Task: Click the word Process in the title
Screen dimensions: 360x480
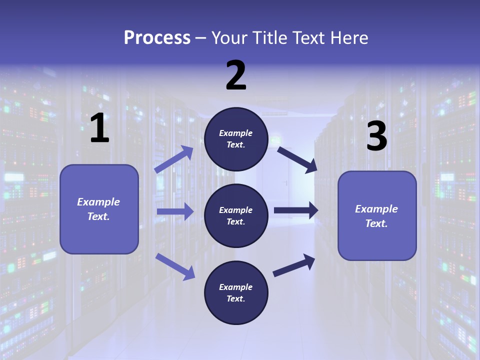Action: tap(157, 37)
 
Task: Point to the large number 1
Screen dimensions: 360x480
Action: tap(99, 128)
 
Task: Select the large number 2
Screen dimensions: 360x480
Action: tap(236, 75)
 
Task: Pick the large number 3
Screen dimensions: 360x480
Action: tap(376, 136)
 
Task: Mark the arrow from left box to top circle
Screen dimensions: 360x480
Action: tap(174, 159)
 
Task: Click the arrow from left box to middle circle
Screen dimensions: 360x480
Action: tap(175, 211)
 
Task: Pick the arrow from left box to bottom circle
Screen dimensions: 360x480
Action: tap(175, 266)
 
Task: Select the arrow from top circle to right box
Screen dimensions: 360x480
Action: tap(297, 159)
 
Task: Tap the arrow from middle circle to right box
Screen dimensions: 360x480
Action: tap(296, 210)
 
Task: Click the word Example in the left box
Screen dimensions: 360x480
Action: tap(98, 202)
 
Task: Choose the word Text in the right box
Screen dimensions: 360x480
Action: tap(376, 223)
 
